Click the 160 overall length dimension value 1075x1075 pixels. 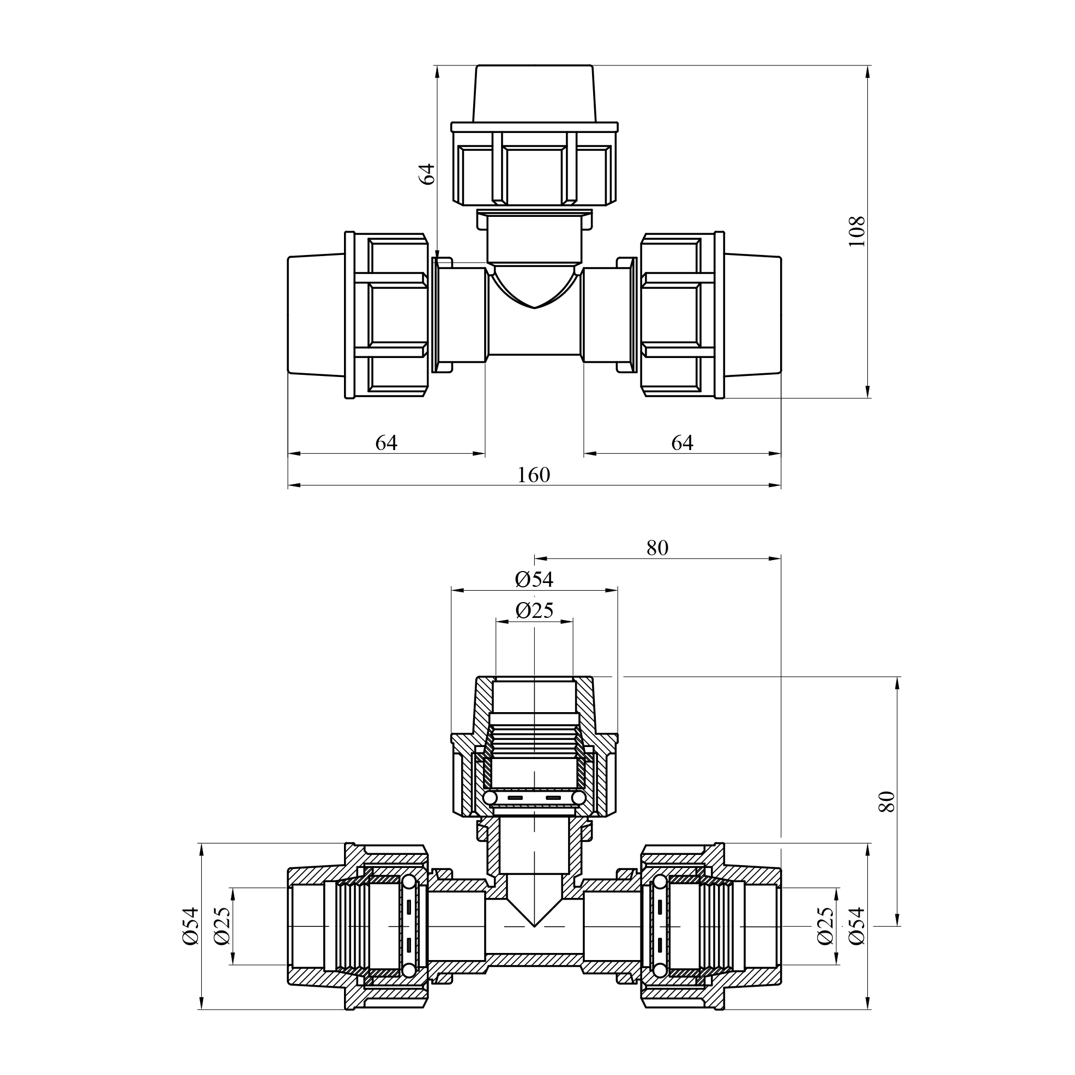[533, 475]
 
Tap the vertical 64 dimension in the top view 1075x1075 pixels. [427, 174]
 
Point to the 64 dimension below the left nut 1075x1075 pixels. [386, 443]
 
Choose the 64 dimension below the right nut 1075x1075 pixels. [682, 443]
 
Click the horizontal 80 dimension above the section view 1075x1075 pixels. [657, 548]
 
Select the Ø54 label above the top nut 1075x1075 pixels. [534, 580]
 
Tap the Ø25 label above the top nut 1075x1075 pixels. [534, 611]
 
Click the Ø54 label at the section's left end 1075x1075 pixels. [190, 925]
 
